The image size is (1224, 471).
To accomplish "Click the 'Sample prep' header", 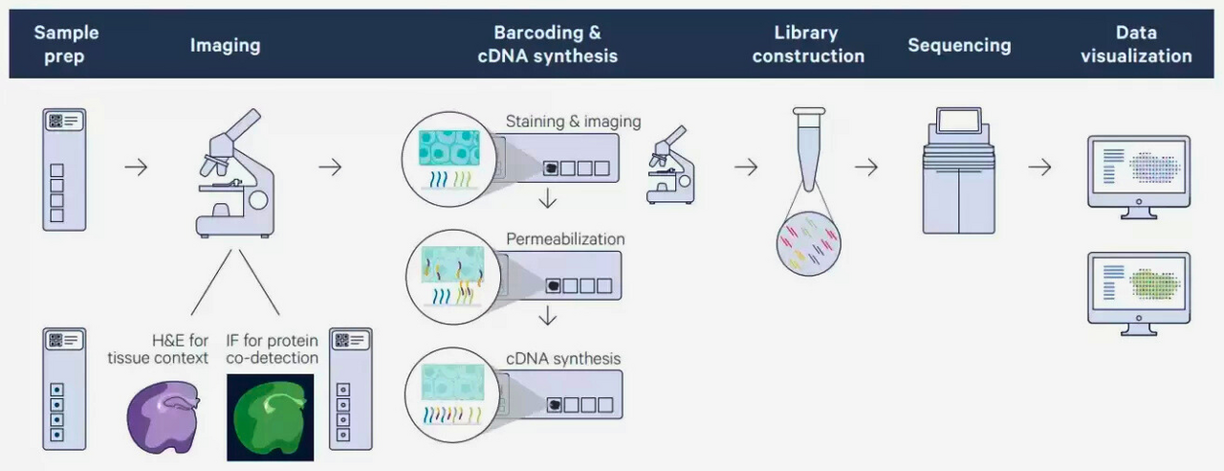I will tap(66, 44).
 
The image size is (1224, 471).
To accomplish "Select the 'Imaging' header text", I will tap(225, 45).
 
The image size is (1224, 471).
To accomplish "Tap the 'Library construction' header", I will tap(808, 44).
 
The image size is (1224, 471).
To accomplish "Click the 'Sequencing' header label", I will tap(959, 45).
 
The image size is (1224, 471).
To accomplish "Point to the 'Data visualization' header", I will tap(1136, 44).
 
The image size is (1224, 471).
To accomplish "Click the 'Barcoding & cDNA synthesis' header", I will tap(548, 44).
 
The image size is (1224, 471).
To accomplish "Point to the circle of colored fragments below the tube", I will tap(808, 244).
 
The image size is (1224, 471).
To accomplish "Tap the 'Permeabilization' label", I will tap(565, 238).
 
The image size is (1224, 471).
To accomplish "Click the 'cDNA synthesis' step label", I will tap(563, 359).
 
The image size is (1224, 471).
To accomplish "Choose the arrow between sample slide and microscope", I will tap(136, 168).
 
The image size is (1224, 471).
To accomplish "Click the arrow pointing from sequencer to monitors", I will tap(1039, 168).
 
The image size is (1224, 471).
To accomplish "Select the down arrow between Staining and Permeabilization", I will tap(547, 199).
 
